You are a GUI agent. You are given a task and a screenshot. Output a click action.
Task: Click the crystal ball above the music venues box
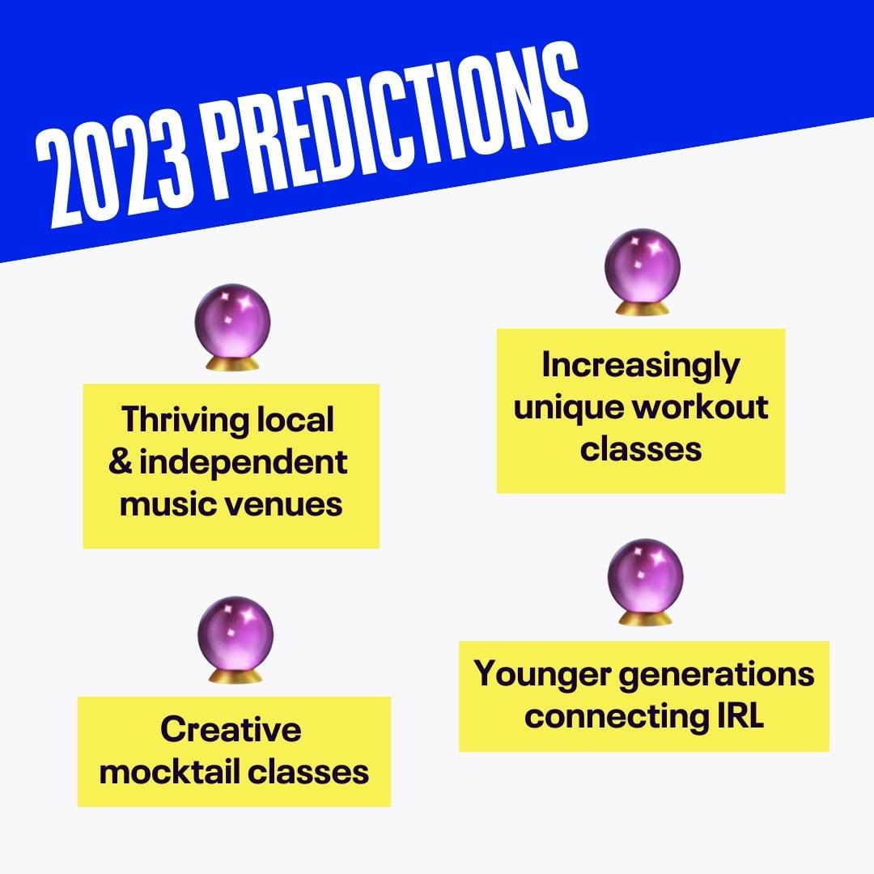(232, 327)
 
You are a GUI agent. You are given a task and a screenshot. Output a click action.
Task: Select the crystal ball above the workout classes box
(642, 272)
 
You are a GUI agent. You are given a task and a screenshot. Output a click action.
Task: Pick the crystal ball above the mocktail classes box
(235, 640)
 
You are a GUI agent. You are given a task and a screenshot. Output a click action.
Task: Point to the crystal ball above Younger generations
(646, 582)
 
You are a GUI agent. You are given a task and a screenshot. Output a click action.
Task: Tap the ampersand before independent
(121, 461)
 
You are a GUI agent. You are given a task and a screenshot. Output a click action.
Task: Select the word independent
(244, 464)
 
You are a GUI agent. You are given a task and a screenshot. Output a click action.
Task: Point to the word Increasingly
(641, 367)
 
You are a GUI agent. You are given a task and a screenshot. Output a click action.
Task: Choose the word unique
(571, 409)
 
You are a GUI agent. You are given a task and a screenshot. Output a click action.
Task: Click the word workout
(703, 407)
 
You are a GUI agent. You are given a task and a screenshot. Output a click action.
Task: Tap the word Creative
(231, 729)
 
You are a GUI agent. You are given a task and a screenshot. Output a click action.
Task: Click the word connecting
(616, 718)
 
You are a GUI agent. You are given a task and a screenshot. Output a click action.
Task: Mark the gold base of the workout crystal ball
(642, 308)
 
